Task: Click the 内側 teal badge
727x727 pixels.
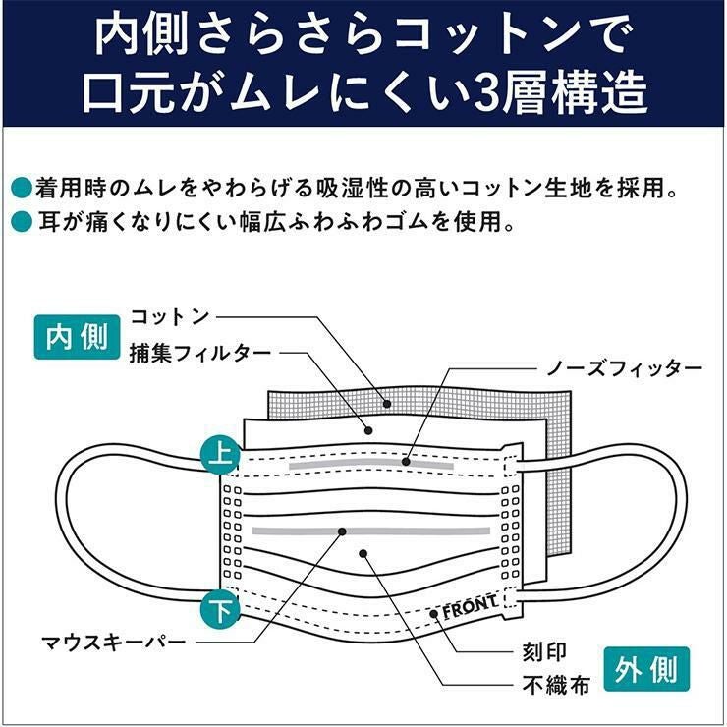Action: point(77,337)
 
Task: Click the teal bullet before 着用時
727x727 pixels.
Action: point(21,186)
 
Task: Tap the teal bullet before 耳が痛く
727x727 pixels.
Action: point(21,223)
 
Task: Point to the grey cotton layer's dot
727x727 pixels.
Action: point(388,403)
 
